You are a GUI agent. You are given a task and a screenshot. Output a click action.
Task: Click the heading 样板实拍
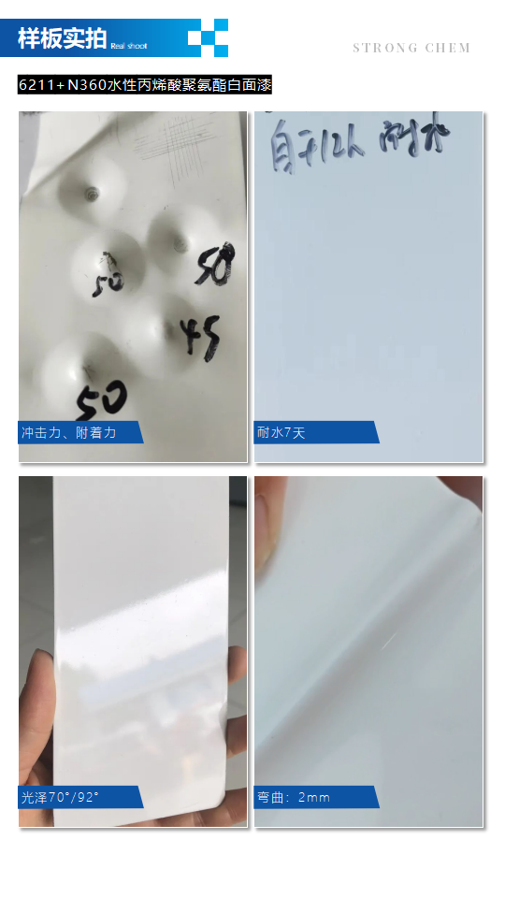coord(62,38)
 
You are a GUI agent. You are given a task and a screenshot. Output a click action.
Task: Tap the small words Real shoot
coord(129,45)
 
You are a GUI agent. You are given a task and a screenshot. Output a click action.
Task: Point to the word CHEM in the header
coord(448,48)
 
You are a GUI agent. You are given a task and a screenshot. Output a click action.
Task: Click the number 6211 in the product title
coord(36,85)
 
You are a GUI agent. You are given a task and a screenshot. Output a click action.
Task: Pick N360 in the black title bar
coord(87,85)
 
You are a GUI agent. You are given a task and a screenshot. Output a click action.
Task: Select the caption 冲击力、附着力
coord(69,433)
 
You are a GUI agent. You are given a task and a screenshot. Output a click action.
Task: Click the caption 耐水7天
coord(281,433)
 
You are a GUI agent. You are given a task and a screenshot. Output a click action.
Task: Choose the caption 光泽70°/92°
coord(61,798)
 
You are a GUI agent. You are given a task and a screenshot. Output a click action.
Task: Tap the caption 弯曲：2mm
coord(294,798)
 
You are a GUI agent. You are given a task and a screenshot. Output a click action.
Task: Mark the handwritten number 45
coord(200,336)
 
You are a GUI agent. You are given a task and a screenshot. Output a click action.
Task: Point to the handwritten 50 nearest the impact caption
coord(101,400)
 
